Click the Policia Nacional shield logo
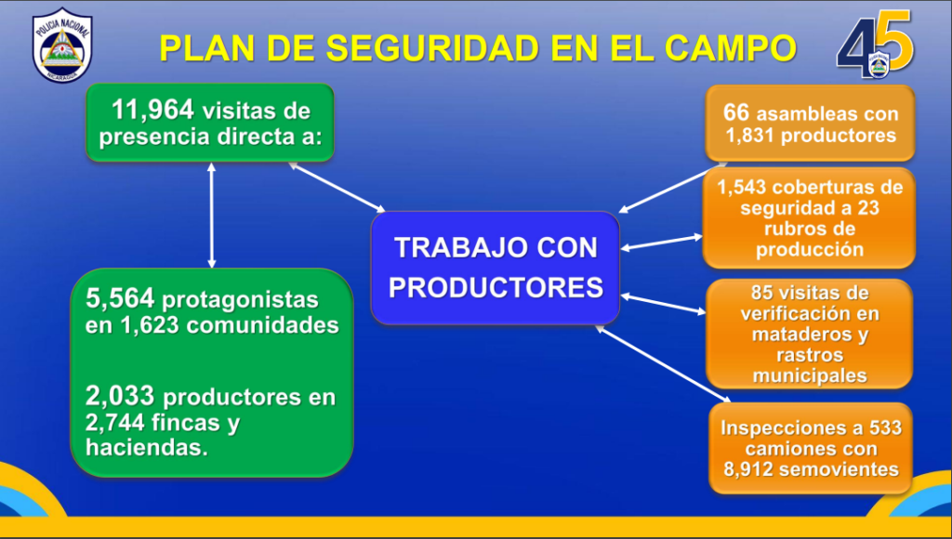pos(62,45)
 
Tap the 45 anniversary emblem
pos(875,45)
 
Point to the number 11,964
pos(152,110)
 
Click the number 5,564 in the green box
pos(120,298)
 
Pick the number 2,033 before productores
pos(120,396)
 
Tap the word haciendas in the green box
pos(146,447)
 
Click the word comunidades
pos(262,325)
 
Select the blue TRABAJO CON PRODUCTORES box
pos(496,268)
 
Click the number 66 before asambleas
pos(736,112)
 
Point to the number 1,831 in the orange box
pos(750,136)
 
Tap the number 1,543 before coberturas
pos(742,187)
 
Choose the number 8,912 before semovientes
pos(748,469)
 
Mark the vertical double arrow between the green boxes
pos(211,216)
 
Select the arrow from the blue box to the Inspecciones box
pos(663,363)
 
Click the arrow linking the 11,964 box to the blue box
pos(337,188)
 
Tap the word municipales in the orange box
pos(810,375)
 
